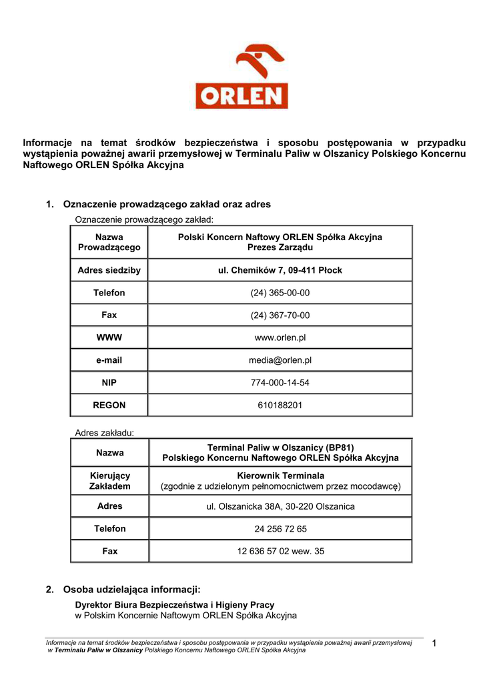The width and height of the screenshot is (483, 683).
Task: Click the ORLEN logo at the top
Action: [x=241, y=77]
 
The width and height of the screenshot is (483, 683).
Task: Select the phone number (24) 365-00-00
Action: [x=280, y=293]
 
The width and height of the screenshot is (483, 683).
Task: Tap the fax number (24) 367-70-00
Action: [x=280, y=315]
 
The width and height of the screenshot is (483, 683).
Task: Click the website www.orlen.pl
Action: [x=280, y=338]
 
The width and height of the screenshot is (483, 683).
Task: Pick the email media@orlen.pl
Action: [x=280, y=360]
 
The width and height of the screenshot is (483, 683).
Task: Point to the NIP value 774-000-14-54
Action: [x=280, y=383]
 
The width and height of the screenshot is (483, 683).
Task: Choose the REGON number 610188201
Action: [x=280, y=405]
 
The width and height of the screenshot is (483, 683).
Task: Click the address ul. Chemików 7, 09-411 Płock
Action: [x=280, y=270]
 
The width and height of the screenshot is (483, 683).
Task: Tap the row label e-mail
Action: [x=109, y=360]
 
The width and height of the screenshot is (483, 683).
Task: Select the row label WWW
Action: [x=109, y=338]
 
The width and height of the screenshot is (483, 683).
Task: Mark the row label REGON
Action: [x=109, y=405]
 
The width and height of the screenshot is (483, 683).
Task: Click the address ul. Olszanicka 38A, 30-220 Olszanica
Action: [x=280, y=506]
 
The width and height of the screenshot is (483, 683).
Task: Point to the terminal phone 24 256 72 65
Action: [x=280, y=529]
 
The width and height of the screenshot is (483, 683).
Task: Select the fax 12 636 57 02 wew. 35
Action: [x=280, y=552]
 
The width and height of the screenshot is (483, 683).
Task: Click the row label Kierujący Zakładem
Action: [x=109, y=481]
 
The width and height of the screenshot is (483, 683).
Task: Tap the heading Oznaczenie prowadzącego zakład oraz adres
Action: [x=167, y=204]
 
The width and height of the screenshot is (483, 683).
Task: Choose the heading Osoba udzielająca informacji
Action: [x=131, y=590]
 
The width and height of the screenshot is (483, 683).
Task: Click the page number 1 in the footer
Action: [x=434, y=643]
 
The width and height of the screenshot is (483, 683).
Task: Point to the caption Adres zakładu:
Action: [x=104, y=433]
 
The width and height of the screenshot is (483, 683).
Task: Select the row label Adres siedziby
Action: [x=109, y=270]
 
